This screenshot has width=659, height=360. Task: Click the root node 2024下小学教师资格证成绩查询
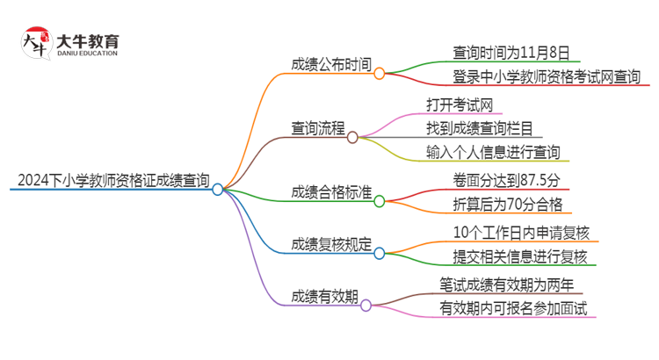pyautogui.click(x=112, y=183)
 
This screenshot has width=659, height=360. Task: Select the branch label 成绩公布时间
pyautogui.click(x=331, y=65)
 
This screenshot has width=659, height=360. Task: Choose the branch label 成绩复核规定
pyautogui.click(x=331, y=245)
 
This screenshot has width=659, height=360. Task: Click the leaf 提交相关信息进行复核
pyautogui.click(x=518, y=256)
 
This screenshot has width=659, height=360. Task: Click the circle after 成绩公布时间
pyautogui.click(x=380, y=74)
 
